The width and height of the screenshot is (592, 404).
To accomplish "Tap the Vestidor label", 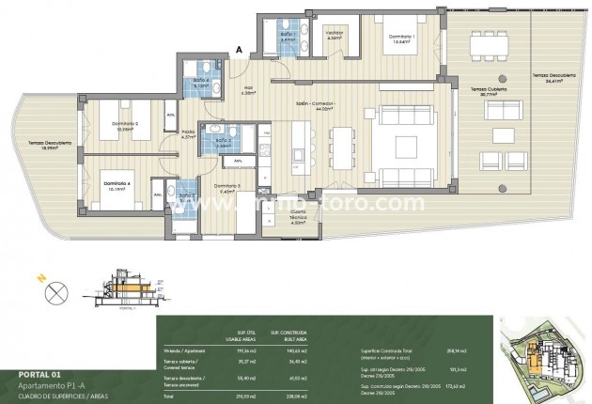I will tap(334, 35).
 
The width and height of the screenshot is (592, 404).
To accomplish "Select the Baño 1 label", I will tap(288, 38).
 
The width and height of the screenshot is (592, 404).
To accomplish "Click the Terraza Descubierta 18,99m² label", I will tap(43, 145).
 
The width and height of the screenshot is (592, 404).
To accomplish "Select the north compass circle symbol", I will tap(39, 291).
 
